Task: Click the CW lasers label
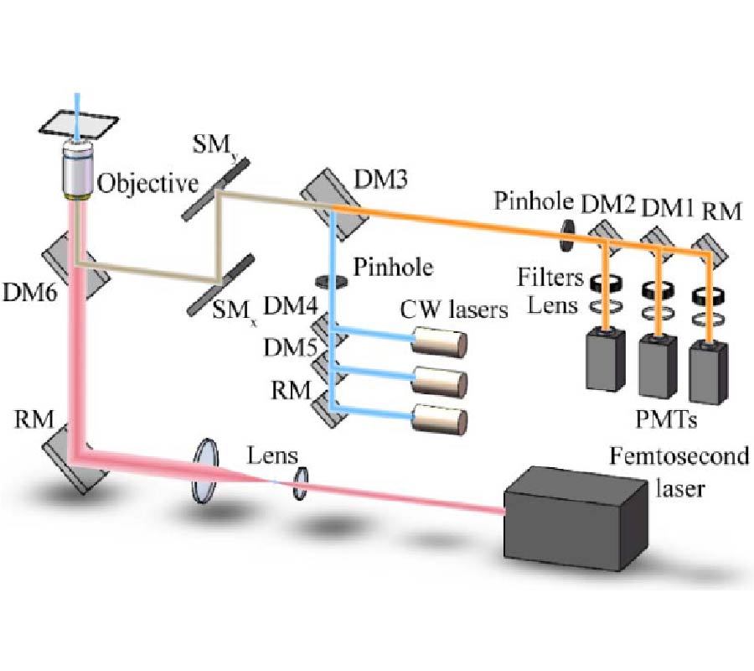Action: (454, 310)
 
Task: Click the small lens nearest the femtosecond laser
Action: (300, 484)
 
